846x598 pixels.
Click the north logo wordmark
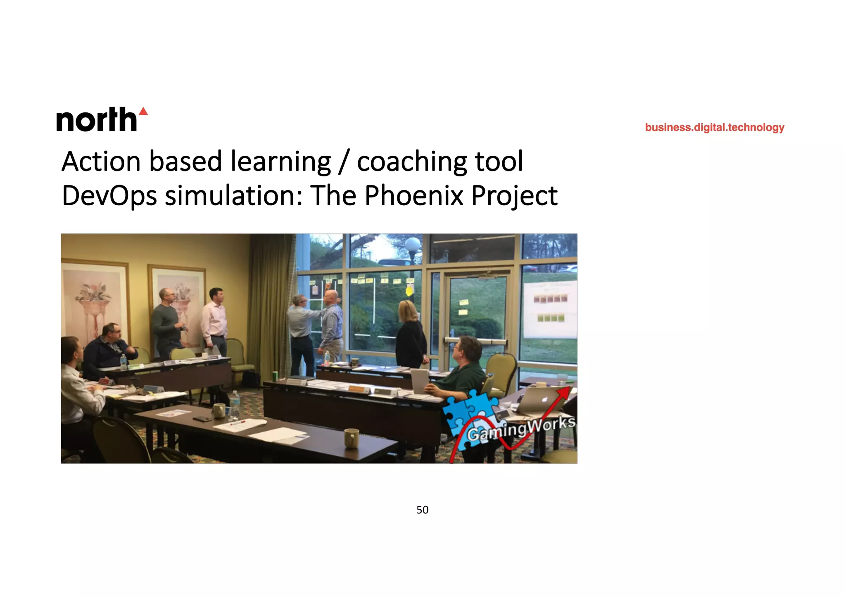point(97,120)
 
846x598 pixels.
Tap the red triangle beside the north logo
point(143,111)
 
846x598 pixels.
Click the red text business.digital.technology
point(714,127)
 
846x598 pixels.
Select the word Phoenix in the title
point(414,195)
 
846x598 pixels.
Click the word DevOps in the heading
point(109,195)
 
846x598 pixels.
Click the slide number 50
point(422,510)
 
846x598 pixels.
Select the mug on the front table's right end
point(351,438)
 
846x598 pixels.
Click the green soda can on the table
point(275,376)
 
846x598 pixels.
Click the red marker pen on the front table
point(238,423)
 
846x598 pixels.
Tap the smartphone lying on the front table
point(202,419)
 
